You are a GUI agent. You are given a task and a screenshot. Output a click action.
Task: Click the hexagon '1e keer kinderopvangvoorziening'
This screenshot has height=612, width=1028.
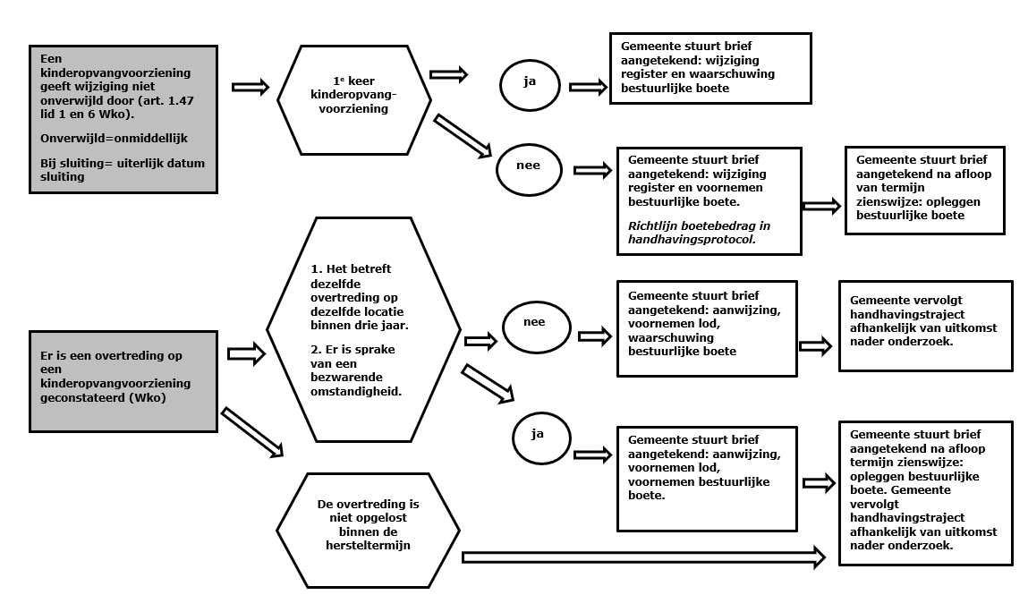(354, 99)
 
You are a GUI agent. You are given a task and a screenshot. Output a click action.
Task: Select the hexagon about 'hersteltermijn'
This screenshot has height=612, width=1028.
(368, 530)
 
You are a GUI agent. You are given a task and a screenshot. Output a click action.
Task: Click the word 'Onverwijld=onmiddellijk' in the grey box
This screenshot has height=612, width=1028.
(115, 139)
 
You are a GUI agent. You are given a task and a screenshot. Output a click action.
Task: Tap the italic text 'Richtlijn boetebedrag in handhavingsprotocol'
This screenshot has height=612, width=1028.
(699, 233)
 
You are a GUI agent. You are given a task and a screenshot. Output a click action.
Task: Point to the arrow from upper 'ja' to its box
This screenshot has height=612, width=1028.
(588, 87)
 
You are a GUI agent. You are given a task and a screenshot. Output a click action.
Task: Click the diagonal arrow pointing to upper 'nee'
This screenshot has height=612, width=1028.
(463, 136)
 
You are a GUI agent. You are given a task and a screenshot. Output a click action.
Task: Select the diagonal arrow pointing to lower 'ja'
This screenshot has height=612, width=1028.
(488, 383)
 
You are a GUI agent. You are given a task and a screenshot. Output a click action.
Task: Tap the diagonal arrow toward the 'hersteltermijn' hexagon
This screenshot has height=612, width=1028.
(252, 431)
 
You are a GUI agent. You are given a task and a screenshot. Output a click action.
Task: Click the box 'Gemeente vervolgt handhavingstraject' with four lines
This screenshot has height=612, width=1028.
(926, 326)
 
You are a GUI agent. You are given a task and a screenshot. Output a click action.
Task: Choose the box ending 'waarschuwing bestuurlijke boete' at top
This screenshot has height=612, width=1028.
(710, 68)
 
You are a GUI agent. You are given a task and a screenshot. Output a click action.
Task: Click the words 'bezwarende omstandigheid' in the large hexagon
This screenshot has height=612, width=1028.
(356, 385)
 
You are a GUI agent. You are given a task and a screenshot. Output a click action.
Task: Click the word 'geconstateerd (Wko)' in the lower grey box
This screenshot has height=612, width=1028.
(103, 397)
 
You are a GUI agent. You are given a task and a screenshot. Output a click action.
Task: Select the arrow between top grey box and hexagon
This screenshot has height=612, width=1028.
(251, 87)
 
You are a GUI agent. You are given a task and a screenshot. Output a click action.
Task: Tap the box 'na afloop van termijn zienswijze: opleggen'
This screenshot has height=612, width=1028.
(925, 191)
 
